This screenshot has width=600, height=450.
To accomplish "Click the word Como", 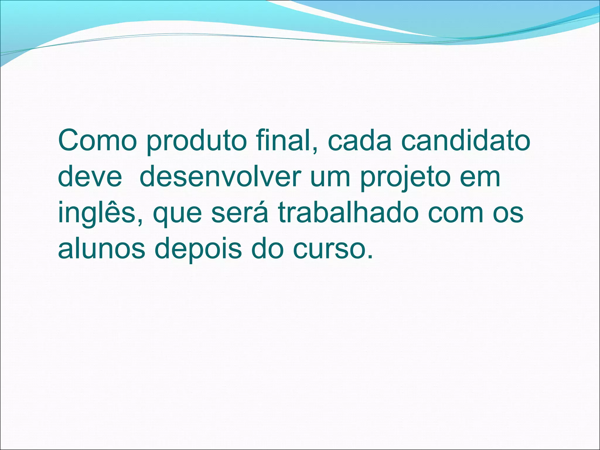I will [x=97, y=141].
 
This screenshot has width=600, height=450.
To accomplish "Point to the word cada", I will [x=359, y=141].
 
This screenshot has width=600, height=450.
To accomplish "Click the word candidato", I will [x=466, y=141].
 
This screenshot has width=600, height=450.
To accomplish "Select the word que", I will [x=177, y=215].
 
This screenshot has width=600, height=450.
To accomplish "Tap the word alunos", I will [x=101, y=249].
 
